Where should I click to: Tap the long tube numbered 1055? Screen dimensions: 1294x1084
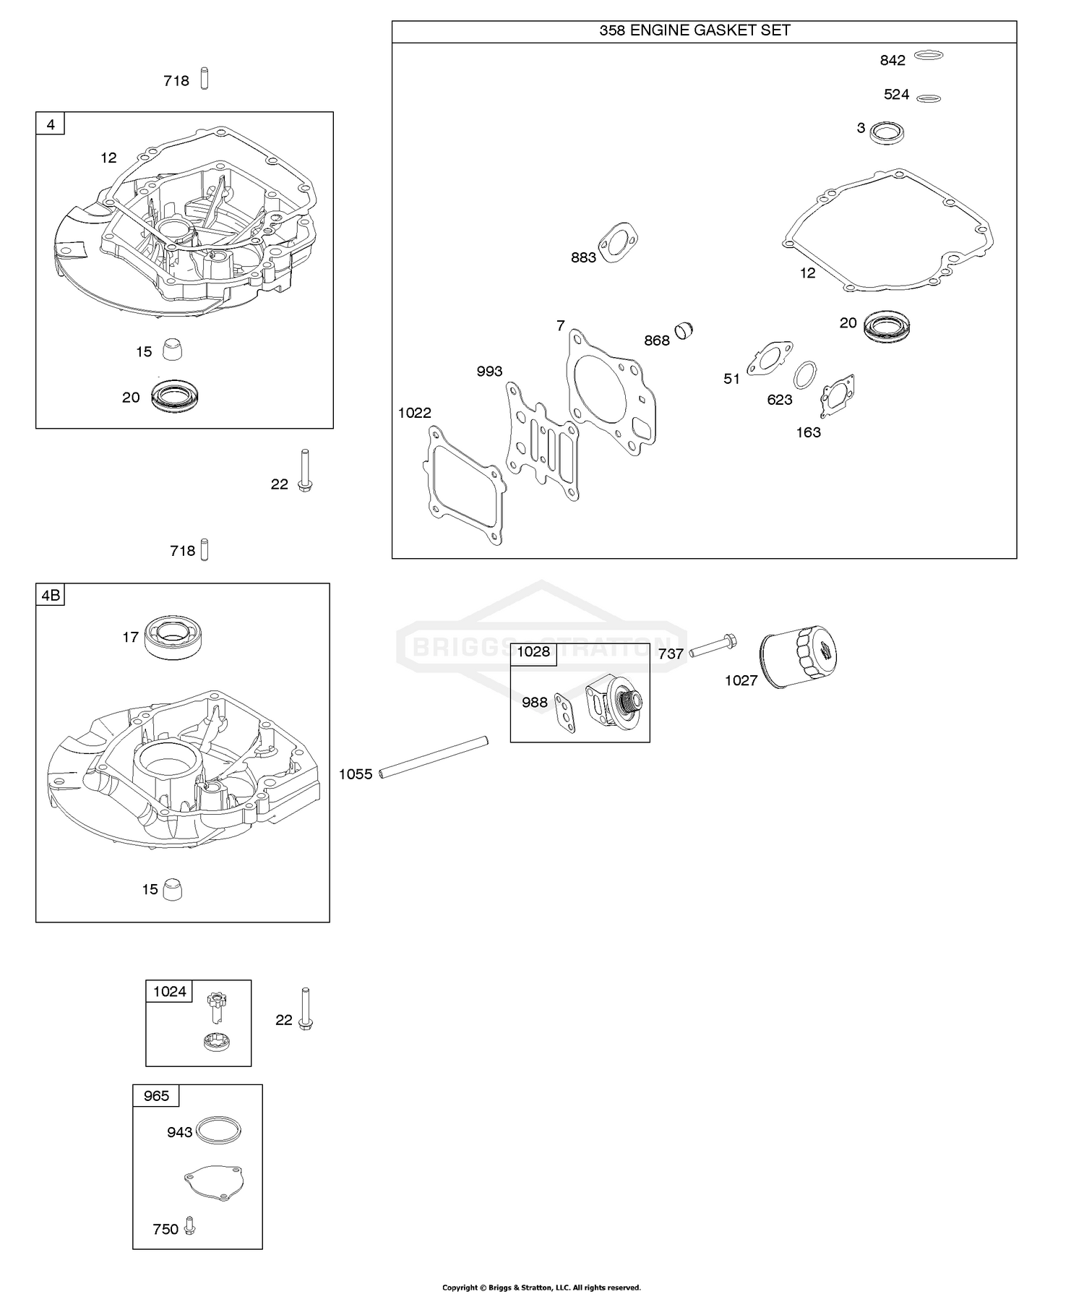[434, 757]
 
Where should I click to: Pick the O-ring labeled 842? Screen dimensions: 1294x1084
[929, 55]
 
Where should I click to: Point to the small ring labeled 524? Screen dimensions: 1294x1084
[928, 98]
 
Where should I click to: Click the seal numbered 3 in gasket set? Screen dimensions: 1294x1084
[887, 132]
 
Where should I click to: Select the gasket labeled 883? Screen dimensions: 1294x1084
[618, 243]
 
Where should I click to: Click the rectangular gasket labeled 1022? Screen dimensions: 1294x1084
[463, 484]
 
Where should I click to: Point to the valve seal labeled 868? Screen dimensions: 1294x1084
[684, 330]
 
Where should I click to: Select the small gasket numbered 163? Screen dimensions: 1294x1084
[838, 396]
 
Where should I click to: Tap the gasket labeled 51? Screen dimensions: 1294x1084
[770, 359]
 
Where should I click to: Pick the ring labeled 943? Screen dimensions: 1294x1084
[218, 1129]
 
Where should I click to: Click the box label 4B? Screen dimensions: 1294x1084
[51, 596]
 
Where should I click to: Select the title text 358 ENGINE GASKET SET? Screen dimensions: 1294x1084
[694, 30]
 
